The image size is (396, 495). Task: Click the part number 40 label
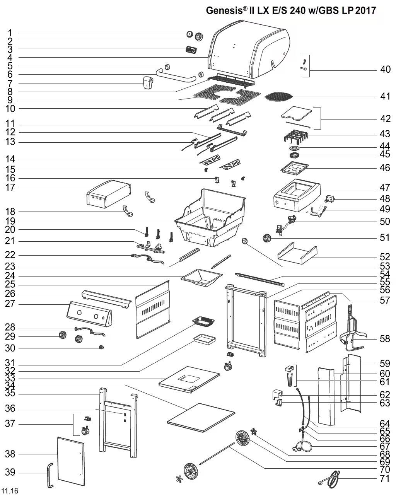[x=385, y=70]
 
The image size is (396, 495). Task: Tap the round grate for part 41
[x=278, y=96]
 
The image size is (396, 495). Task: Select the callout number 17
[x=10, y=188]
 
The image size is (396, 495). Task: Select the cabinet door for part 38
[x=70, y=461]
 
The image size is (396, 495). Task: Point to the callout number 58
[x=385, y=339]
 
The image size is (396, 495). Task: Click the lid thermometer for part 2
[x=199, y=37]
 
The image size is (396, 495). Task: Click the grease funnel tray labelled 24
[x=201, y=278]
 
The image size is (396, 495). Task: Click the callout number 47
[x=385, y=188]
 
